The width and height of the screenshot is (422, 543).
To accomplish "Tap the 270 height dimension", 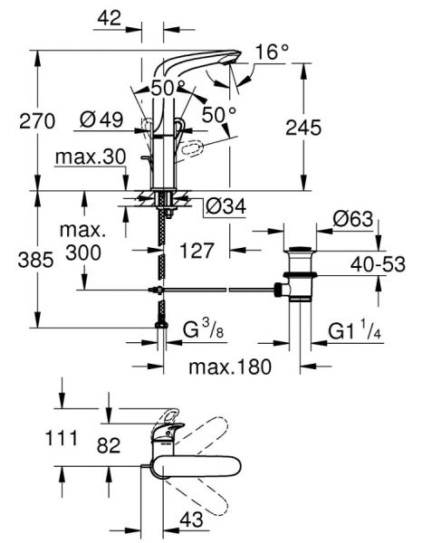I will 18,120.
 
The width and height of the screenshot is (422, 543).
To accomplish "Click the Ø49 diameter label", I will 101,120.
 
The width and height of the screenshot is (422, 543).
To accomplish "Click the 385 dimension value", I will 18,262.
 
